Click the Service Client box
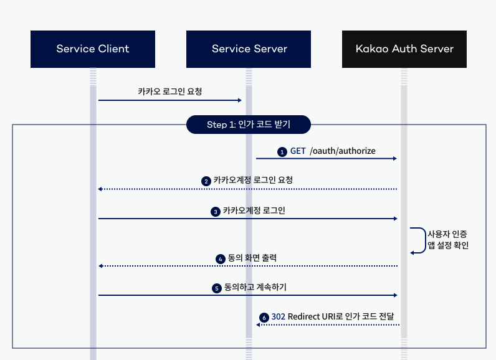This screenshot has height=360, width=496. tap(93, 49)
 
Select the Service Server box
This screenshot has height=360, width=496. tap(249, 49)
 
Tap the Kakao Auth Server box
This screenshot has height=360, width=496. tap(404, 49)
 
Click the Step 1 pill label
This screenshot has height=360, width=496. tap(249, 125)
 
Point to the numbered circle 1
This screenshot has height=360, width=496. tap(282, 151)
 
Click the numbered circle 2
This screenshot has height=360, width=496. tap(206, 181)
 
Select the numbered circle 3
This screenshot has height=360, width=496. tap(215, 212)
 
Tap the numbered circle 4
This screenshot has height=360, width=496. tap(220, 258)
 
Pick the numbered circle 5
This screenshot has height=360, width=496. tap(216, 288)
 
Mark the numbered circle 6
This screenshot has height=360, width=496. tap(264, 317)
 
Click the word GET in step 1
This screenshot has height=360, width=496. tap(297, 151)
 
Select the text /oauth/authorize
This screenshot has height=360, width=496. tap(342, 151)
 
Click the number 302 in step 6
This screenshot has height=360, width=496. tap(278, 316)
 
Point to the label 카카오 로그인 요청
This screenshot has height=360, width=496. tap(169, 91)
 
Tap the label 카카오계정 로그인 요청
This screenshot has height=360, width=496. tap(253, 180)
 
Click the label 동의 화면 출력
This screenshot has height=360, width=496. tap(252, 258)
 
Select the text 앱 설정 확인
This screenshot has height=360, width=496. tap(447, 245)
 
